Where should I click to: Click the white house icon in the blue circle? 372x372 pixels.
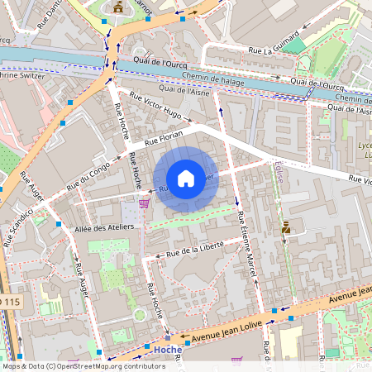pyautogui.click(x=186, y=179)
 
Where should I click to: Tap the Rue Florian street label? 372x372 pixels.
pyautogui.click(x=163, y=141)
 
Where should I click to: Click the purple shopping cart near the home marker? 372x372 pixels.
pyautogui.click(x=144, y=203)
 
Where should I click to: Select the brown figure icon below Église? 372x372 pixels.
pyautogui.click(x=286, y=226)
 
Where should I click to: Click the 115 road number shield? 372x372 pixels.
pyautogui.click(x=8, y=303)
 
